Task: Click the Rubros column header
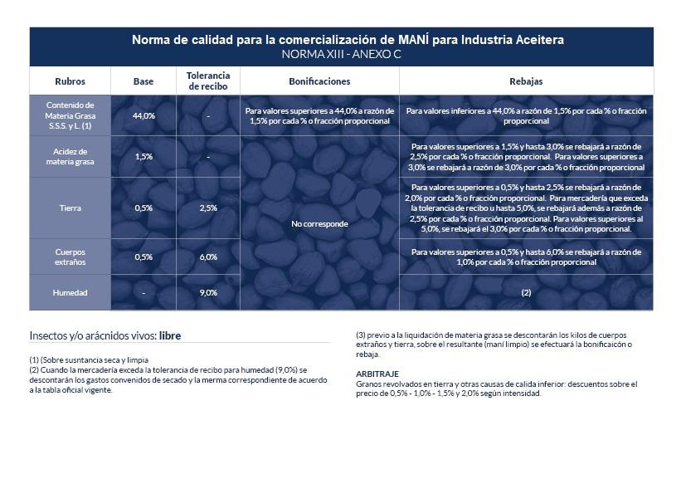pos(70,81)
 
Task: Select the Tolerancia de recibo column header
pos(208,81)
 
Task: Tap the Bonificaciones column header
pos(319,81)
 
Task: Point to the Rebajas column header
pos(526,81)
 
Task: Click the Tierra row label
pos(70,208)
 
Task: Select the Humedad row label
pos(70,293)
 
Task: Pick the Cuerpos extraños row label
pos(70,257)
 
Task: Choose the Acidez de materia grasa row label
pos(70,157)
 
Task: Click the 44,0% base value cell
pos(144,115)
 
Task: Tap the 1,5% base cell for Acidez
pos(144,157)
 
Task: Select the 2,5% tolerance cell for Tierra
pos(208,208)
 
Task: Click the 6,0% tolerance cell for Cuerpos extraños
pos(208,257)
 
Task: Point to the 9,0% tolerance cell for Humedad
pos(208,293)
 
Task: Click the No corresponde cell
pos(319,224)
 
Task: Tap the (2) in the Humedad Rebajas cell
pos(526,293)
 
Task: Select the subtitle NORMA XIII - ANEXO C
pos(341,55)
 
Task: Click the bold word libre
pos(170,336)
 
